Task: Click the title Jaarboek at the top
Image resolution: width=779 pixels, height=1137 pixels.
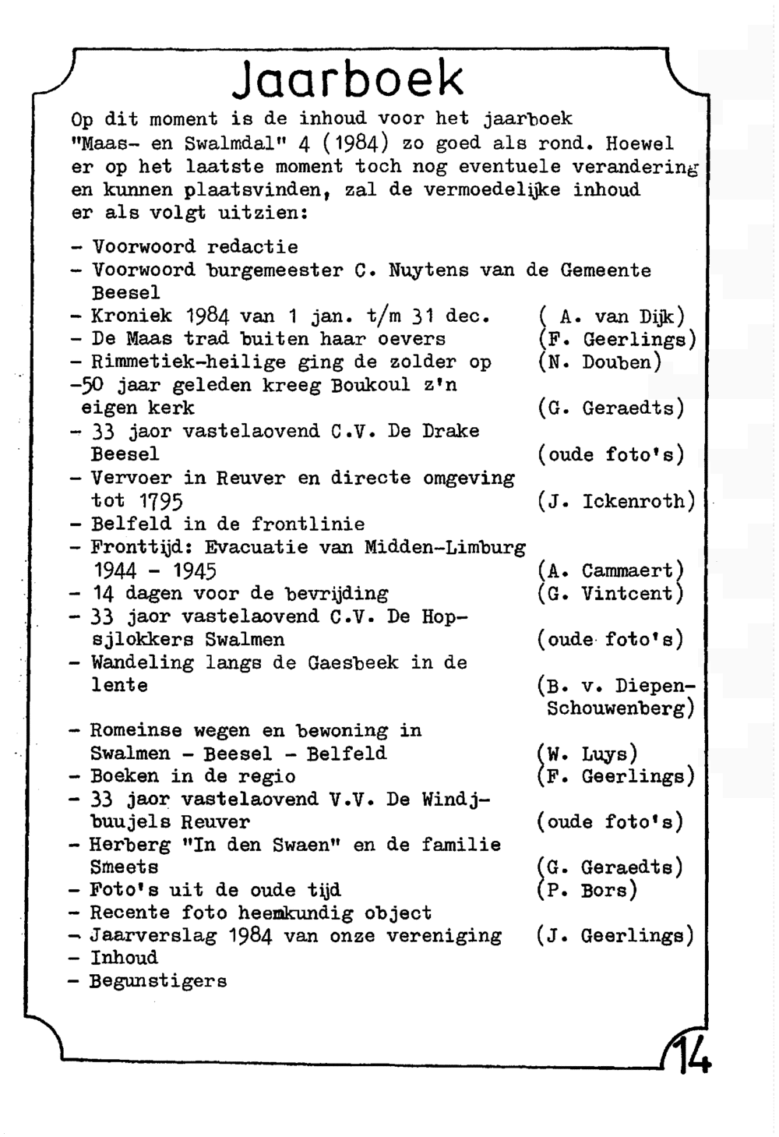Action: [347, 80]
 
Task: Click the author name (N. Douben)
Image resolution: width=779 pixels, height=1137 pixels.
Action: [599, 362]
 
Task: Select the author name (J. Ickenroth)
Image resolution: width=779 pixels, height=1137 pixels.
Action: [616, 501]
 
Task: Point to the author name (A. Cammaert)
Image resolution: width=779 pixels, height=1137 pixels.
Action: [611, 570]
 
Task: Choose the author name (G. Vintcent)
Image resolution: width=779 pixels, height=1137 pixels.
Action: [611, 594]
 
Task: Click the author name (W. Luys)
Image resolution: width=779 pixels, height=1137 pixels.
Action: [587, 754]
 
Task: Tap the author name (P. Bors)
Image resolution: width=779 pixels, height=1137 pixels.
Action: [587, 890]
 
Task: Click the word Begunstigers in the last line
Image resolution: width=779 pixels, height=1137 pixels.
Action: [158, 981]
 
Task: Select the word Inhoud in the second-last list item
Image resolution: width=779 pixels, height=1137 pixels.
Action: [124, 958]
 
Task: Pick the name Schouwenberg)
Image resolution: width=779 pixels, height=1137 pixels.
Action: [620, 708]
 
